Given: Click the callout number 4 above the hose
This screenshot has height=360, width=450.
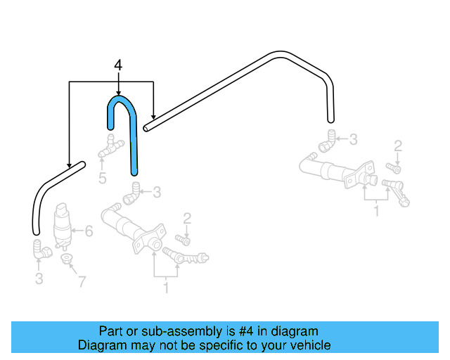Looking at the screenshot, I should [117, 65].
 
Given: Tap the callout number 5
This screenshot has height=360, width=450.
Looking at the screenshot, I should [102, 178].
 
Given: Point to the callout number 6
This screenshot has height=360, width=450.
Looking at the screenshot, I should [89, 231].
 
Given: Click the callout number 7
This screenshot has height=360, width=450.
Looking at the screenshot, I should [82, 282].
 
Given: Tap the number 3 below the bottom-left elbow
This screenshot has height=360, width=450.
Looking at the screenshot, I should [39, 279].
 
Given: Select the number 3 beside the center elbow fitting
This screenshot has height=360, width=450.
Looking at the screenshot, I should [157, 191].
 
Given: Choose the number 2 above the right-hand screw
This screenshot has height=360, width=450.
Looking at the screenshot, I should [398, 146].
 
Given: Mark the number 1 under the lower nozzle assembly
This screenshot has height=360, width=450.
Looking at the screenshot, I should [166, 287].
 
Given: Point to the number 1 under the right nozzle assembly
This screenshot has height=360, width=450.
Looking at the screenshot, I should [376, 210].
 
